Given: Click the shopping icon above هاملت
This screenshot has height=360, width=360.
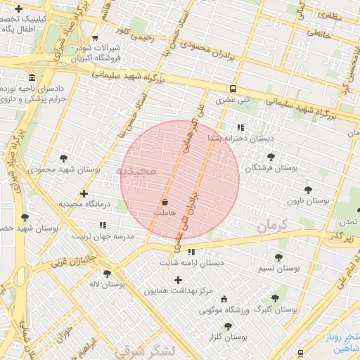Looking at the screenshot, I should (x=165, y=202).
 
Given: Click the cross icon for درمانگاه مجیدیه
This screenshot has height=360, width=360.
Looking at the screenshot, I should (x=84, y=193).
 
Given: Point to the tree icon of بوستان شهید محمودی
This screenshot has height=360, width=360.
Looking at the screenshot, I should (x=65, y=158).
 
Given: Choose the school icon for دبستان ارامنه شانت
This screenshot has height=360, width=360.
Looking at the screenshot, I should (x=191, y=252).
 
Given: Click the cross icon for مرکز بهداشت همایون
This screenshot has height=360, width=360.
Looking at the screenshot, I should (x=179, y=280).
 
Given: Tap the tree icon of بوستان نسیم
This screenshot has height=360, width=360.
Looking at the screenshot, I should (x=278, y=258).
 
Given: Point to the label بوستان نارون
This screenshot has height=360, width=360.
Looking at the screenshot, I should (x=308, y=201).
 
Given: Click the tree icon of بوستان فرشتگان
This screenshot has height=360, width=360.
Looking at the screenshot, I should (x=271, y=157).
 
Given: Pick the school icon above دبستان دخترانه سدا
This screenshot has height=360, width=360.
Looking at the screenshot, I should (x=240, y=128).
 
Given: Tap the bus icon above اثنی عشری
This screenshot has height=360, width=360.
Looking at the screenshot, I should (x=233, y=89).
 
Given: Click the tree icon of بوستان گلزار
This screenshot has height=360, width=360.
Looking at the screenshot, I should (x=228, y=326).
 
